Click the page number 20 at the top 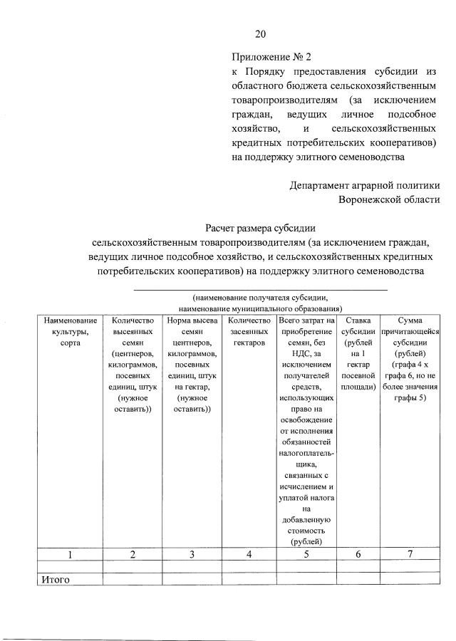tap(260, 34)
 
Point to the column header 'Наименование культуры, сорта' tap(70, 332)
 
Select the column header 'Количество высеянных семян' tap(133, 332)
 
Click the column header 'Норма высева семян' tap(192, 332)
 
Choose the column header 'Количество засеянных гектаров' tap(249, 332)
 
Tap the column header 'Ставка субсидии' tap(358, 332)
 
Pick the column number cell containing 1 tap(70, 554)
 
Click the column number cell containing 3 tap(192, 554)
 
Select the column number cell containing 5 tap(307, 554)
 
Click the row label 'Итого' tap(55, 580)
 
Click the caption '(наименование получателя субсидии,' tap(261, 298)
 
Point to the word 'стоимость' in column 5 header tap(307, 531)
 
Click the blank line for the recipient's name tap(261, 288)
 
